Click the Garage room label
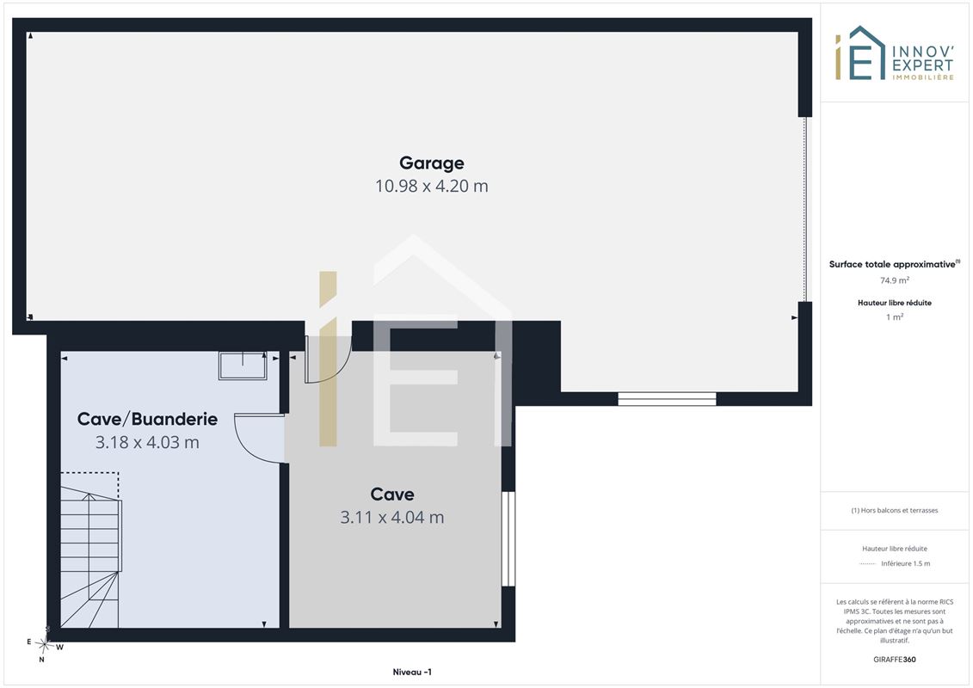click(431, 163)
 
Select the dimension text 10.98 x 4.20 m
click(431, 186)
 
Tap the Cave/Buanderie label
click(147, 420)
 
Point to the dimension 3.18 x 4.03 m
click(147, 442)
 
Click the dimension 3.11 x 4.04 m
click(392, 518)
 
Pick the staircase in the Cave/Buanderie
click(90, 550)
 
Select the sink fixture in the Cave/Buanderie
click(243, 366)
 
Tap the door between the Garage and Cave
click(328, 359)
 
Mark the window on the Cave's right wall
click(508, 538)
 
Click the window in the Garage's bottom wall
click(667, 399)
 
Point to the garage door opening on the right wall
click(806, 209)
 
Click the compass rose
click(45, 645)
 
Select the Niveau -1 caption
click(412, 672)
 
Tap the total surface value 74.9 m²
click(895, 280)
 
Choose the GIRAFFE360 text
click(895, 660)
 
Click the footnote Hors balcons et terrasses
click(895, 511)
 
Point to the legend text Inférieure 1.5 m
click(905, 564)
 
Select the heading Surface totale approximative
click(892, 264)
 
